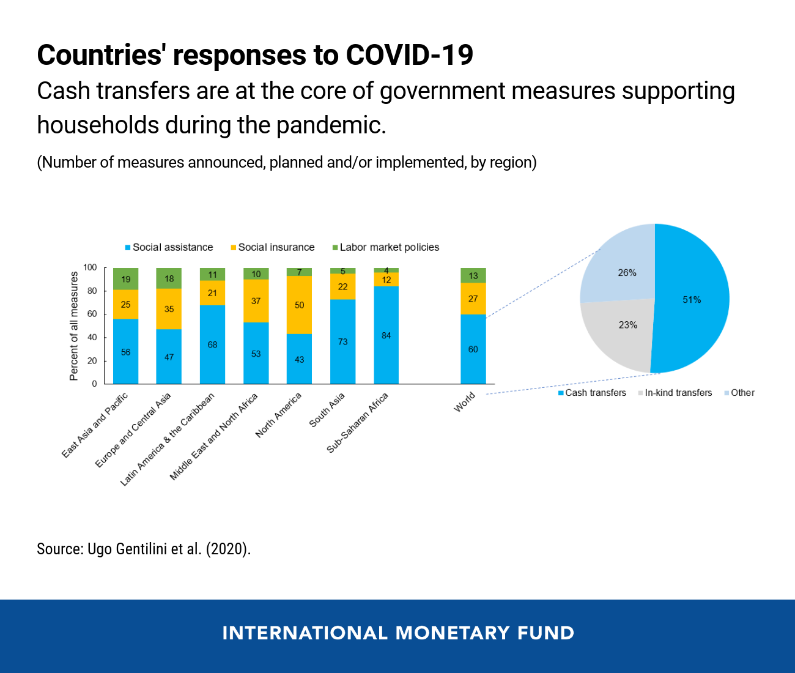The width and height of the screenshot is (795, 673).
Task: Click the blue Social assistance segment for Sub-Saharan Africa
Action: tap(386, 335)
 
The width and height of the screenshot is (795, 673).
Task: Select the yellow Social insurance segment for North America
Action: tap(299, 305)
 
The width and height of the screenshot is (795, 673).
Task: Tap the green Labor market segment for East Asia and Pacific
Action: tap(125, 279)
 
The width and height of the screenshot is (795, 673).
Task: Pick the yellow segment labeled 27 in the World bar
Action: tap(473, 299)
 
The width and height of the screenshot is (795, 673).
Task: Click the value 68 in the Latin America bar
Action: tap(212, 345)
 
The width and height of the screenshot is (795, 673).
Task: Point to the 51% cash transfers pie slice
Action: tap(692, 299)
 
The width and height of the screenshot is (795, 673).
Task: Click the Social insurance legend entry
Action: tap(276, 247)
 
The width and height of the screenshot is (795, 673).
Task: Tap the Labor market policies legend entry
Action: tap(389, 247)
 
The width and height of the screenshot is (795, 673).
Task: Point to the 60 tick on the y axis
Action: tap(92, 314)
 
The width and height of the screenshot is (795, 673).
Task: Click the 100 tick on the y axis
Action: tap(90, 267)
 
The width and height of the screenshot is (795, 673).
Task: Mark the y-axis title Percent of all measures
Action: tap(74, 326)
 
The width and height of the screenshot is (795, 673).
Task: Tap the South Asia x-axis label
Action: tap(327, 410)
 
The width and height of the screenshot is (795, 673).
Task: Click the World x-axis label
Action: tap(465, 402)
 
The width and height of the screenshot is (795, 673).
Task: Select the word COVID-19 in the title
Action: tap(409, 55)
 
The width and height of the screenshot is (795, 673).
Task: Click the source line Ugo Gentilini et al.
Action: tap(144, 549)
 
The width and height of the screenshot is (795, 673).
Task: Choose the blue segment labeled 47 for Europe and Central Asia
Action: tap(169, 357)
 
